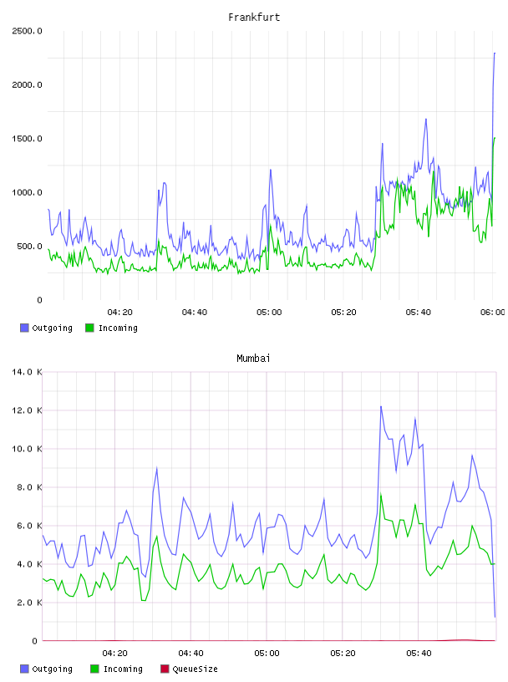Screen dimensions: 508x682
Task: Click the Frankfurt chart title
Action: (x=254, y=18)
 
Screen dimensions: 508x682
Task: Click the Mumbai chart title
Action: (x=253, y=359)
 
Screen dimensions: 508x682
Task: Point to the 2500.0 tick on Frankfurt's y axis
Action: (x=27, y=31)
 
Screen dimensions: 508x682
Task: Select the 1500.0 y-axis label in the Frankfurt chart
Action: (x=27, y=139)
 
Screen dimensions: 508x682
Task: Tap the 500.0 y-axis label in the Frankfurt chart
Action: (x=29, y=247)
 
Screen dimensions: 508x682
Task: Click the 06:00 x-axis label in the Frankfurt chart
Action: (x=493, y=313)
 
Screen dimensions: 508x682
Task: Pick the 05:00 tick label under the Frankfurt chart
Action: (x=269, y=313)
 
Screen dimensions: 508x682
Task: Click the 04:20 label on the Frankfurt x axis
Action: (x=120, y=313)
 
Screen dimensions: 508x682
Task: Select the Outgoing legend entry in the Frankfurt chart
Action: (x=47, y=328)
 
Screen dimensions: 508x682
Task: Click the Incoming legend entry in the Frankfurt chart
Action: (x=112, y=328)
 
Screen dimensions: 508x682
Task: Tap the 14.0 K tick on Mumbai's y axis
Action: (x=27, y=372)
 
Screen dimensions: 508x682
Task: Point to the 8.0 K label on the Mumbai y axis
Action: (x=29, y=487)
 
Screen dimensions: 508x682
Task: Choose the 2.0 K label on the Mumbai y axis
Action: (x=29, y=603)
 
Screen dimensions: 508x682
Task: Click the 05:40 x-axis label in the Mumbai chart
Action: (x=419, y=654)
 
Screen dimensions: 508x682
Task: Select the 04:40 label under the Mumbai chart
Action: (x=191, y=654)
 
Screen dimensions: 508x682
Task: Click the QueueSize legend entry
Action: (x=189, y=669)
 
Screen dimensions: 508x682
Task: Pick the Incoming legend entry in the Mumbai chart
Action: (x=117, y=669)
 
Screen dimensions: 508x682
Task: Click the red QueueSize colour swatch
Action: (x=165, y=669)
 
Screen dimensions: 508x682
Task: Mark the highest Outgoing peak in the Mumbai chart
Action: (x=381, y=407)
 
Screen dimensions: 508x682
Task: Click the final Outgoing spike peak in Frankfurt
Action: (x=495, y=53)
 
